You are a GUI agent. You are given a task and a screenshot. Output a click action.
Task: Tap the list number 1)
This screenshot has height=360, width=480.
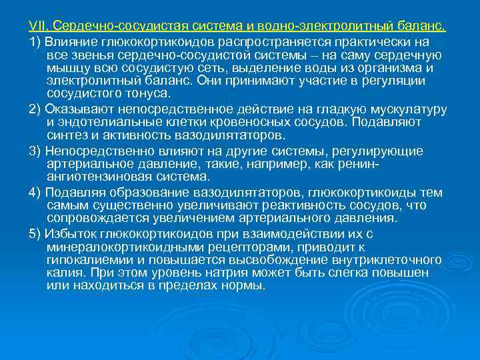point(35,41)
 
